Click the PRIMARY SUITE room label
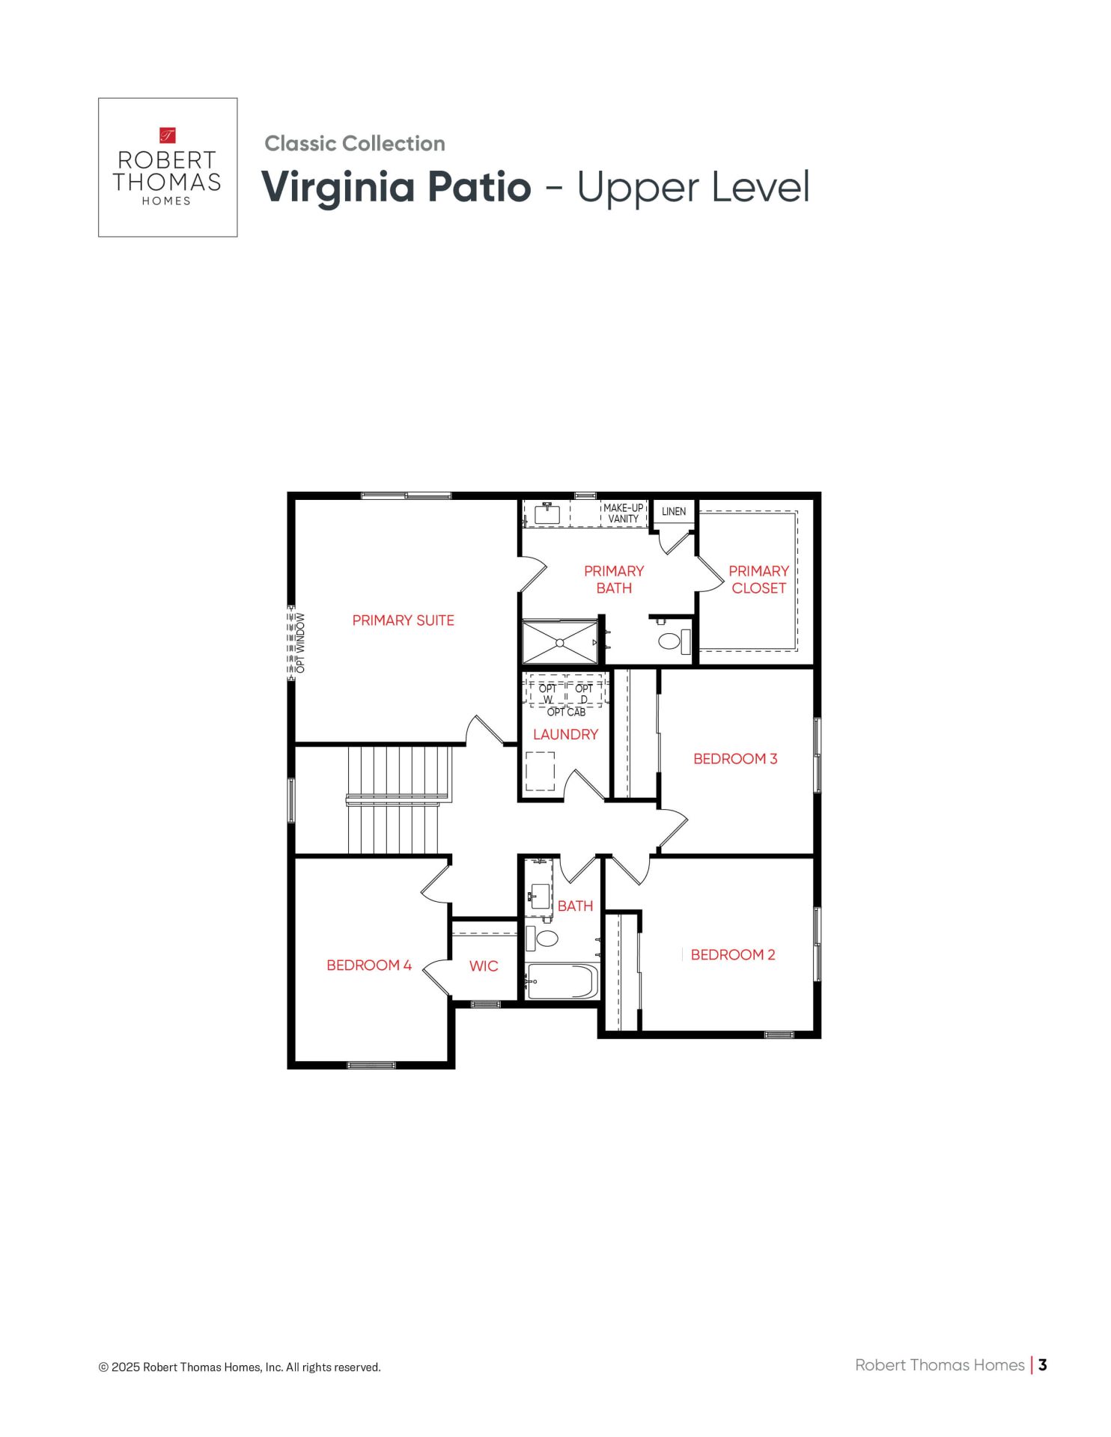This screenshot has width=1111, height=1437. [403, 620]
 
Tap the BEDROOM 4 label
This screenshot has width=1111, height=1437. [369, 965]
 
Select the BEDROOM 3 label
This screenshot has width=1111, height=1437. [735, 759]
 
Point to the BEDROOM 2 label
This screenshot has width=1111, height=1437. [733, 955]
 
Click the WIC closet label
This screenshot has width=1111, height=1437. [484, 966]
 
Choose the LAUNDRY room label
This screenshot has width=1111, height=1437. [565, 735]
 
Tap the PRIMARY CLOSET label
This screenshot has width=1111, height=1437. [758, 579]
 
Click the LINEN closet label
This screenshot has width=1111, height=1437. [674, 512]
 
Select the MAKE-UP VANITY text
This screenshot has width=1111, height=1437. [623, 513]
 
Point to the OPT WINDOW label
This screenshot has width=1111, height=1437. [301, 643]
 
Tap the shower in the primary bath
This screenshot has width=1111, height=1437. [560, 642]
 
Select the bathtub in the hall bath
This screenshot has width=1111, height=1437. [562, 981]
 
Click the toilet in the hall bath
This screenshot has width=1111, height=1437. [542, 938]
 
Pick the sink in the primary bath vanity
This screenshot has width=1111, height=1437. [547, 514]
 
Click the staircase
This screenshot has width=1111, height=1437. [398, 800]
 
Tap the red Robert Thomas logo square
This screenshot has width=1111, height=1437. [168, 135]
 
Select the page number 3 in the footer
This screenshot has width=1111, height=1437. [1042, 1365]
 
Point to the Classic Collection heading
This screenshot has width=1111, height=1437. [355, 144]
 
